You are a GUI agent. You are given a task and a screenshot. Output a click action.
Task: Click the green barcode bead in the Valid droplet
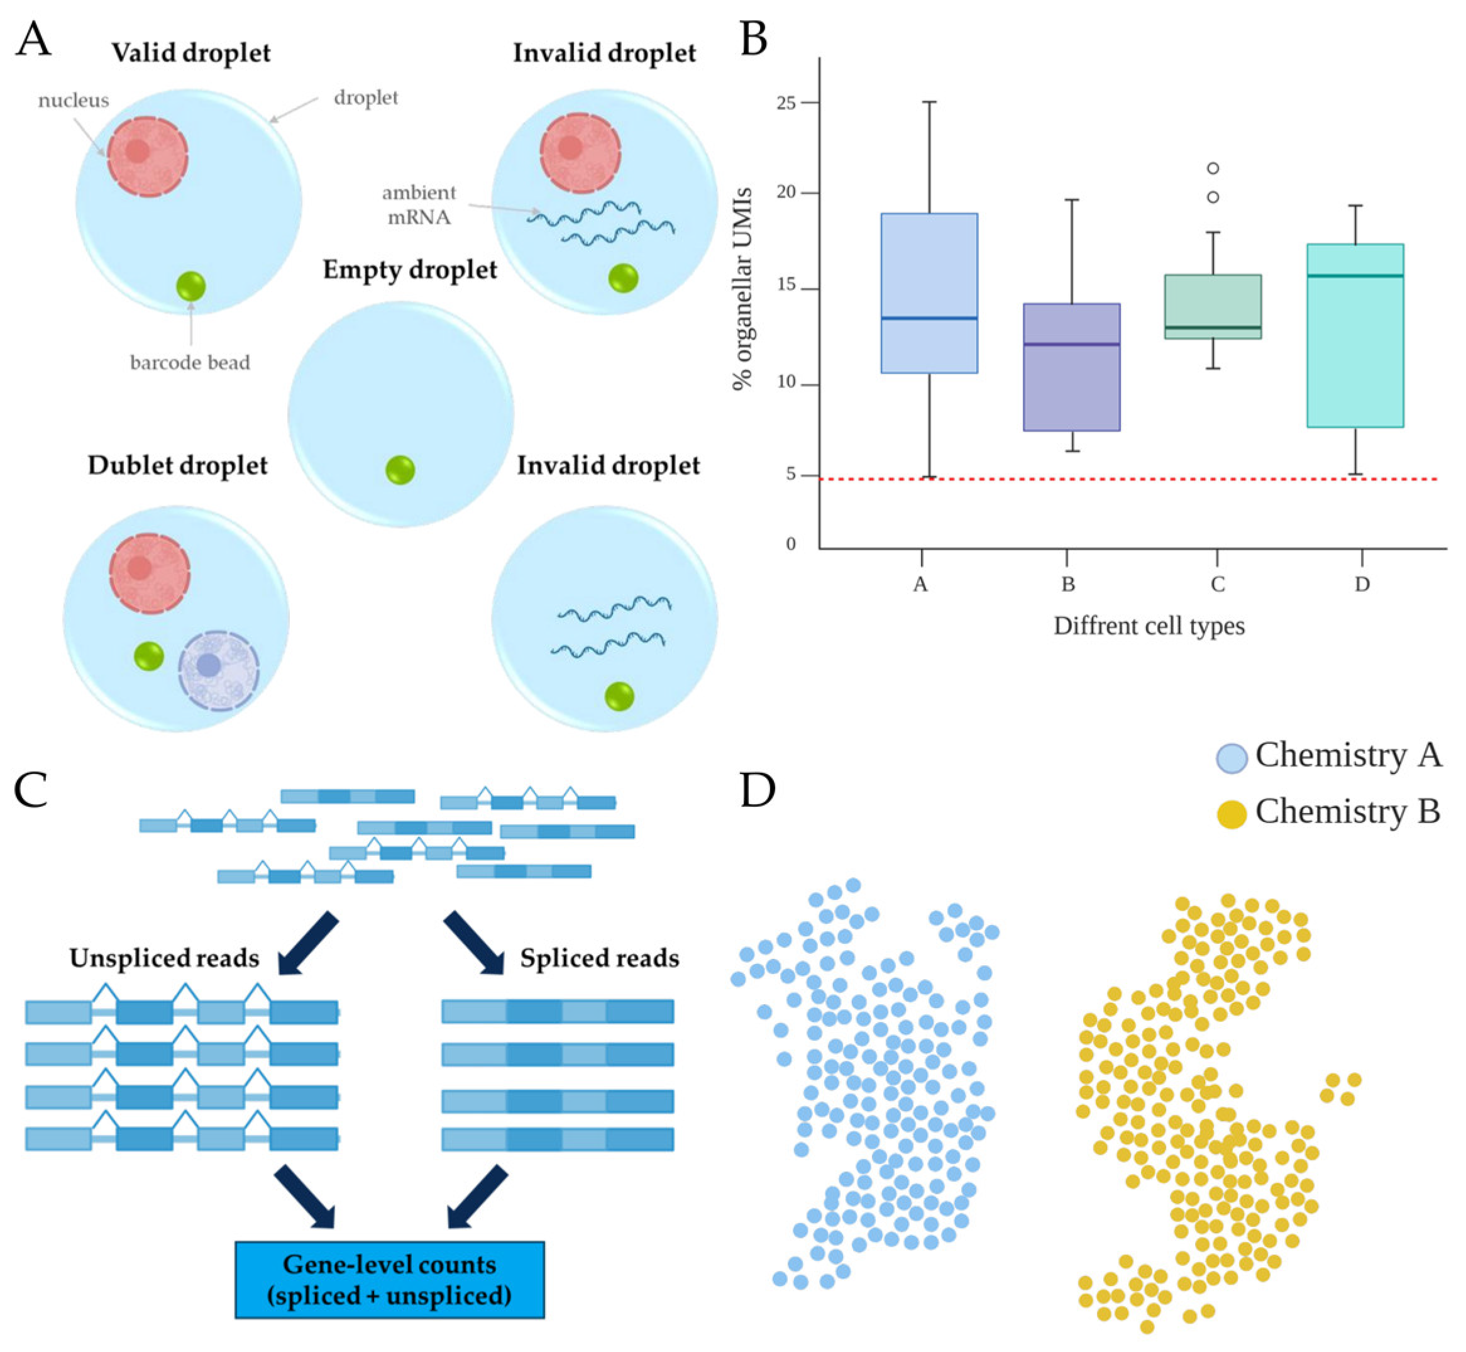191,286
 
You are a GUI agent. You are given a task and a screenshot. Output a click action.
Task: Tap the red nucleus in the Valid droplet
148,156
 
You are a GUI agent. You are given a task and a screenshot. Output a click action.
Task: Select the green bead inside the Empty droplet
400,470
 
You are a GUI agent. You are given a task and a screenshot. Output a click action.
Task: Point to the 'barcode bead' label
190,363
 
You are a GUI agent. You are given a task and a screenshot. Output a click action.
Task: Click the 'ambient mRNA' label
419,205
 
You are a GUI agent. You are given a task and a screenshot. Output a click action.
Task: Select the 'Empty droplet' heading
410,269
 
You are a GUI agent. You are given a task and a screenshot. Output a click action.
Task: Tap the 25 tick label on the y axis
786,103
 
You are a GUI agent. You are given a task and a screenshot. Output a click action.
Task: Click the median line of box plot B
1072,344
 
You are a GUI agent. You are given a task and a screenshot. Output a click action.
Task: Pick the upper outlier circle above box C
1213,169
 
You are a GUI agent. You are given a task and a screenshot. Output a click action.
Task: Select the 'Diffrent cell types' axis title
1149,626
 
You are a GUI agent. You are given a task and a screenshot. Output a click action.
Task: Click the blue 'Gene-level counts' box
389,1280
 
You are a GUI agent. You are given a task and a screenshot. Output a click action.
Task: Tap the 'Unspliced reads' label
164,958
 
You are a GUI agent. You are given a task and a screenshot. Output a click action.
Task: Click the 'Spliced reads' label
599,958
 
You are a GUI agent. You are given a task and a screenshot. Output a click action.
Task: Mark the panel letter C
31,790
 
